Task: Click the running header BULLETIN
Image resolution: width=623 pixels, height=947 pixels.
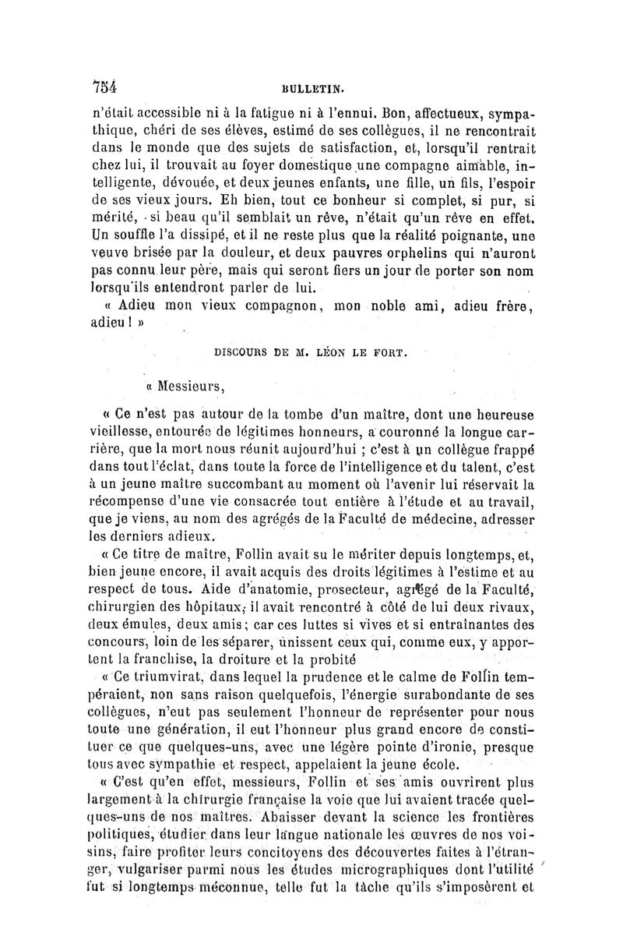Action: [x=311, y=90]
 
